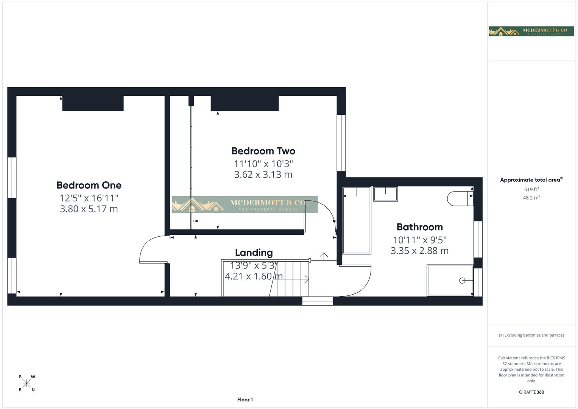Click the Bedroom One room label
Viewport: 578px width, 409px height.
(89, 185)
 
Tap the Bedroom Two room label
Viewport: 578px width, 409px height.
(263, 151)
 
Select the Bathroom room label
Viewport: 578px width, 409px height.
(419, 227)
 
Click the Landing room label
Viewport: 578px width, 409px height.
(254, 253)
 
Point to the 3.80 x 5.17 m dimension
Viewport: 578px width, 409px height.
(89, 209)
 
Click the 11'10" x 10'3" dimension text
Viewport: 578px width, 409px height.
(263, 164)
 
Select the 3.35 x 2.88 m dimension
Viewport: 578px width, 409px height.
(419, 251)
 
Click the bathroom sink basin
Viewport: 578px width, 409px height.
(385, 194)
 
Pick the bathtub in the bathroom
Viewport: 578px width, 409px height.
(357, 220)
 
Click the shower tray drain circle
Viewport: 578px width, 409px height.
(462, 281)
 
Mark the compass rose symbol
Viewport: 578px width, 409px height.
(26, 383)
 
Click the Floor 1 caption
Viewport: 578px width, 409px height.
(245, 400)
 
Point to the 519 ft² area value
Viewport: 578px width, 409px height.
(531, 189)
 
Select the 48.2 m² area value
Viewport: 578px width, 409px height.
(531, 198)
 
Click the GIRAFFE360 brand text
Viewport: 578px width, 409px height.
(531, 392)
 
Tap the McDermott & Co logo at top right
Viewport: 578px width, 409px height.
(531, 31)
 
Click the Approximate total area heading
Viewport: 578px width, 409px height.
(531, 180)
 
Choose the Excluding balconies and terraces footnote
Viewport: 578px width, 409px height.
(531, 335)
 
